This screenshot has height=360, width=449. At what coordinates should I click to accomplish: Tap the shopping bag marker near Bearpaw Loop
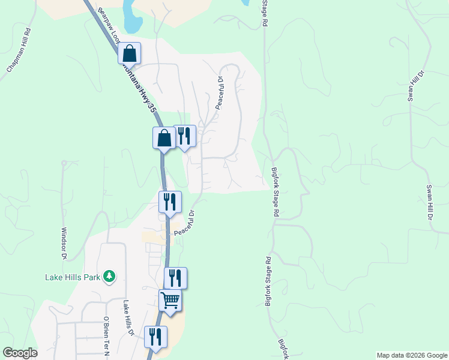[129, 54]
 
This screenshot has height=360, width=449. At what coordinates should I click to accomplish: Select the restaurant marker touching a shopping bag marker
[185, 136]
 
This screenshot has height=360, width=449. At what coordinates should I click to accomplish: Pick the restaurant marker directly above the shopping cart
[175, 278]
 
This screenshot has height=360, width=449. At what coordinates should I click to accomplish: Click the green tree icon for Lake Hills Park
[109, 276]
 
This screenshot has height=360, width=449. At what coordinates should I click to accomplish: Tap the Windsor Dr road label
[64, 243]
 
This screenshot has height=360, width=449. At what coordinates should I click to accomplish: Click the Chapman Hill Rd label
[19, 51]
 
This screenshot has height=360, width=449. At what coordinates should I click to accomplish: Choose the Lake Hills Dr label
[128, 319]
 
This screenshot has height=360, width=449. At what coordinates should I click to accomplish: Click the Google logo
[19, 353]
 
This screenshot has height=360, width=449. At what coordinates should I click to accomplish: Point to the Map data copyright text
[411, 355]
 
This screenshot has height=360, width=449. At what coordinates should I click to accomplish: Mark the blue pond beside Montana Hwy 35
[131, 18]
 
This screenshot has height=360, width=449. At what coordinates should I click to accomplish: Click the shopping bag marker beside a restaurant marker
[164, 139]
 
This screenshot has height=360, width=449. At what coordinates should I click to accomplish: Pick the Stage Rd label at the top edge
[264, 13]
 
